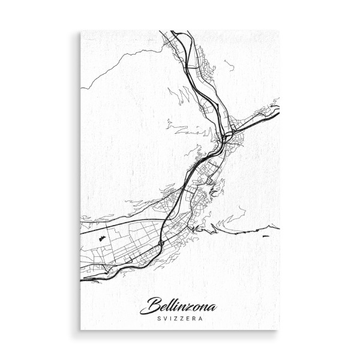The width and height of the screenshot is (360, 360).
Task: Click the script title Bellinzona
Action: pos(178,305)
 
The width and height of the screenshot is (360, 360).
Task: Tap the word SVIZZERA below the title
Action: pos(178,319)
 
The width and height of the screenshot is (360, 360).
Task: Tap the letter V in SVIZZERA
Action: pos(163,319)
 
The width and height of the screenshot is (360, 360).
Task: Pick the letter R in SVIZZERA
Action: pos(194,319)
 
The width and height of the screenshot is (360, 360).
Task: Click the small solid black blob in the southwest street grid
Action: pos(102,238)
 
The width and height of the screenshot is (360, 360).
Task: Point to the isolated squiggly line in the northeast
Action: pos(229,64)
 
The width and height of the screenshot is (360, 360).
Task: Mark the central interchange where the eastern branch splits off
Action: pos(223,137)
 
